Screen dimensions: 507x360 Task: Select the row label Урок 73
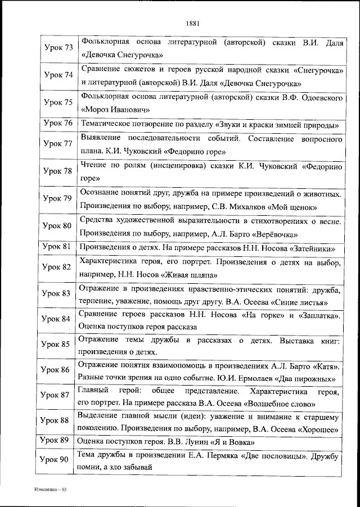coord(58,47)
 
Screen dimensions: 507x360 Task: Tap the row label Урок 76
coord(58,124)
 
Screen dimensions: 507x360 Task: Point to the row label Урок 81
coord(58,247)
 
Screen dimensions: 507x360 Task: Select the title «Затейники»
coord(309,247)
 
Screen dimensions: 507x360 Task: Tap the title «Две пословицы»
coord(270,455)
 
